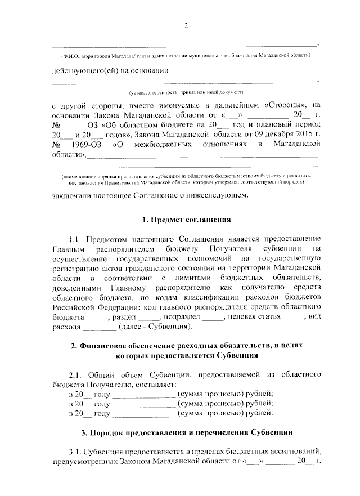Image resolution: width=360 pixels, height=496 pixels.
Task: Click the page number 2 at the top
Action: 186,25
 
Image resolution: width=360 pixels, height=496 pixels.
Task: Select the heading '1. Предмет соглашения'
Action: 185,219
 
